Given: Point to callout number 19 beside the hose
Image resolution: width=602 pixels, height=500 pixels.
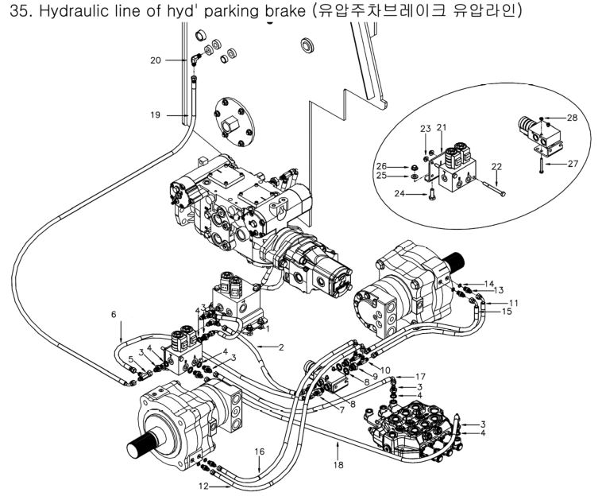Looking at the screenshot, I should [x=156, y=114].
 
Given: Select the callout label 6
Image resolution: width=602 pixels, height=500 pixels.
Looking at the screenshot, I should [x=114, y=315].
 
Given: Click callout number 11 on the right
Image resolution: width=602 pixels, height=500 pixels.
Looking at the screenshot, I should [x=514, y=303].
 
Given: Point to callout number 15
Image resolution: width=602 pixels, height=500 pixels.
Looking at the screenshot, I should [x=507, y=312].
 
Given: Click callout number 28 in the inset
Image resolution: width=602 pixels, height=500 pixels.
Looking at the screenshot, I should [x=572, y=118].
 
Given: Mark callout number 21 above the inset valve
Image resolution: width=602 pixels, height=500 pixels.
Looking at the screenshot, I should [x=441, y=127].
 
